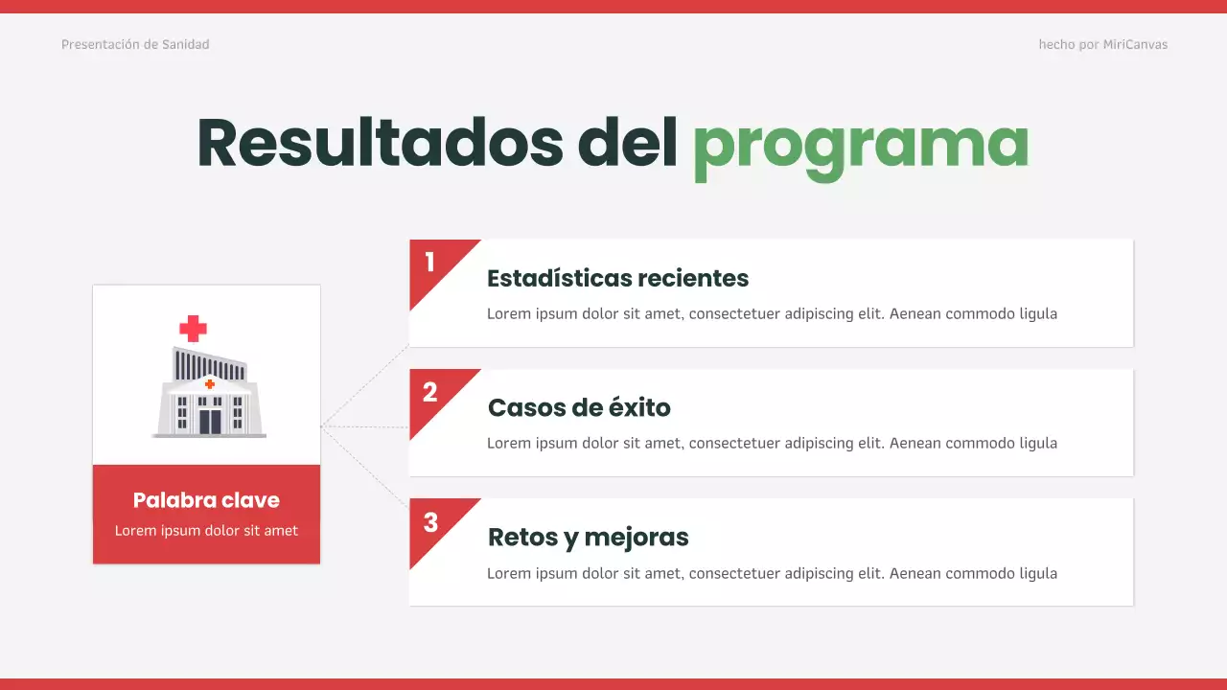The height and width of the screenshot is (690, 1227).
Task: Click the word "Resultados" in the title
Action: coord(380,143)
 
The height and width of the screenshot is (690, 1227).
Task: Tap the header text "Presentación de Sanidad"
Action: coord(135,44)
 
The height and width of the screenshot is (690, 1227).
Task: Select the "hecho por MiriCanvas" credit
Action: coord(1102,44)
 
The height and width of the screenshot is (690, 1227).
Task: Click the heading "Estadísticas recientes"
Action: coord(617,278)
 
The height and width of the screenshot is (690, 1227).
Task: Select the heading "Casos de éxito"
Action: coord(579,407)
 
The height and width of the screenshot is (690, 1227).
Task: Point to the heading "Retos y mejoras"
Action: coord(588,537)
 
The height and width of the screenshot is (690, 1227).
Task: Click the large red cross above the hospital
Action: coord(193,329)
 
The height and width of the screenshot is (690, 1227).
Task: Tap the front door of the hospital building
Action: coord(209,421)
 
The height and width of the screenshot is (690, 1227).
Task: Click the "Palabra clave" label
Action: coord(206,499)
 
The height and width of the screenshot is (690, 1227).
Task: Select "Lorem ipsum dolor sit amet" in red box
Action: coord(206,530)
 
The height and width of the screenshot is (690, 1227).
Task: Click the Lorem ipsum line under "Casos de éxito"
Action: coord(772,443)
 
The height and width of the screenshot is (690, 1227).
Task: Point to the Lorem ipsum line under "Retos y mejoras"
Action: coord(772,573)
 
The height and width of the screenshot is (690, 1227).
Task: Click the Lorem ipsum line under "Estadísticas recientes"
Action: coord(772,313)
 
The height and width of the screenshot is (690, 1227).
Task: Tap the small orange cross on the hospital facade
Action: coord(209,384)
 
